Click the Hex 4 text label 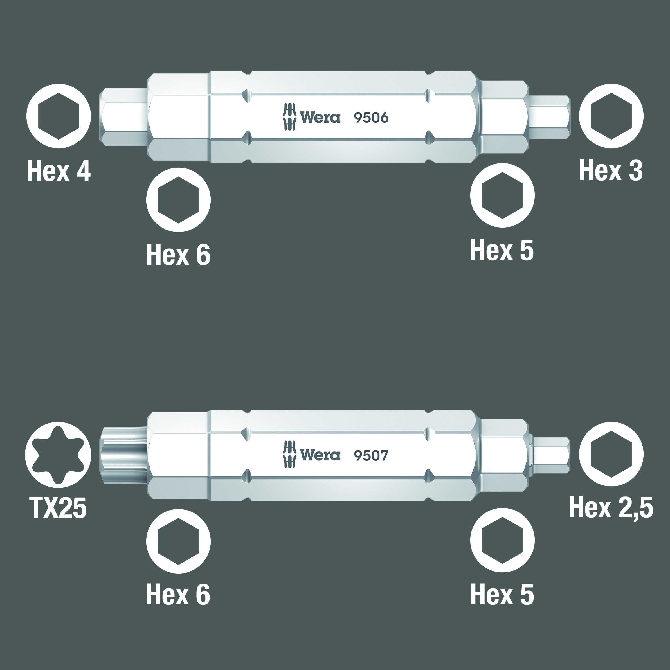point(59,171)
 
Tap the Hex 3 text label point(611,171)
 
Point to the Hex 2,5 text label point(611,508)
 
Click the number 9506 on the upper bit point(371,118)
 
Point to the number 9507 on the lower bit point(371,456)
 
